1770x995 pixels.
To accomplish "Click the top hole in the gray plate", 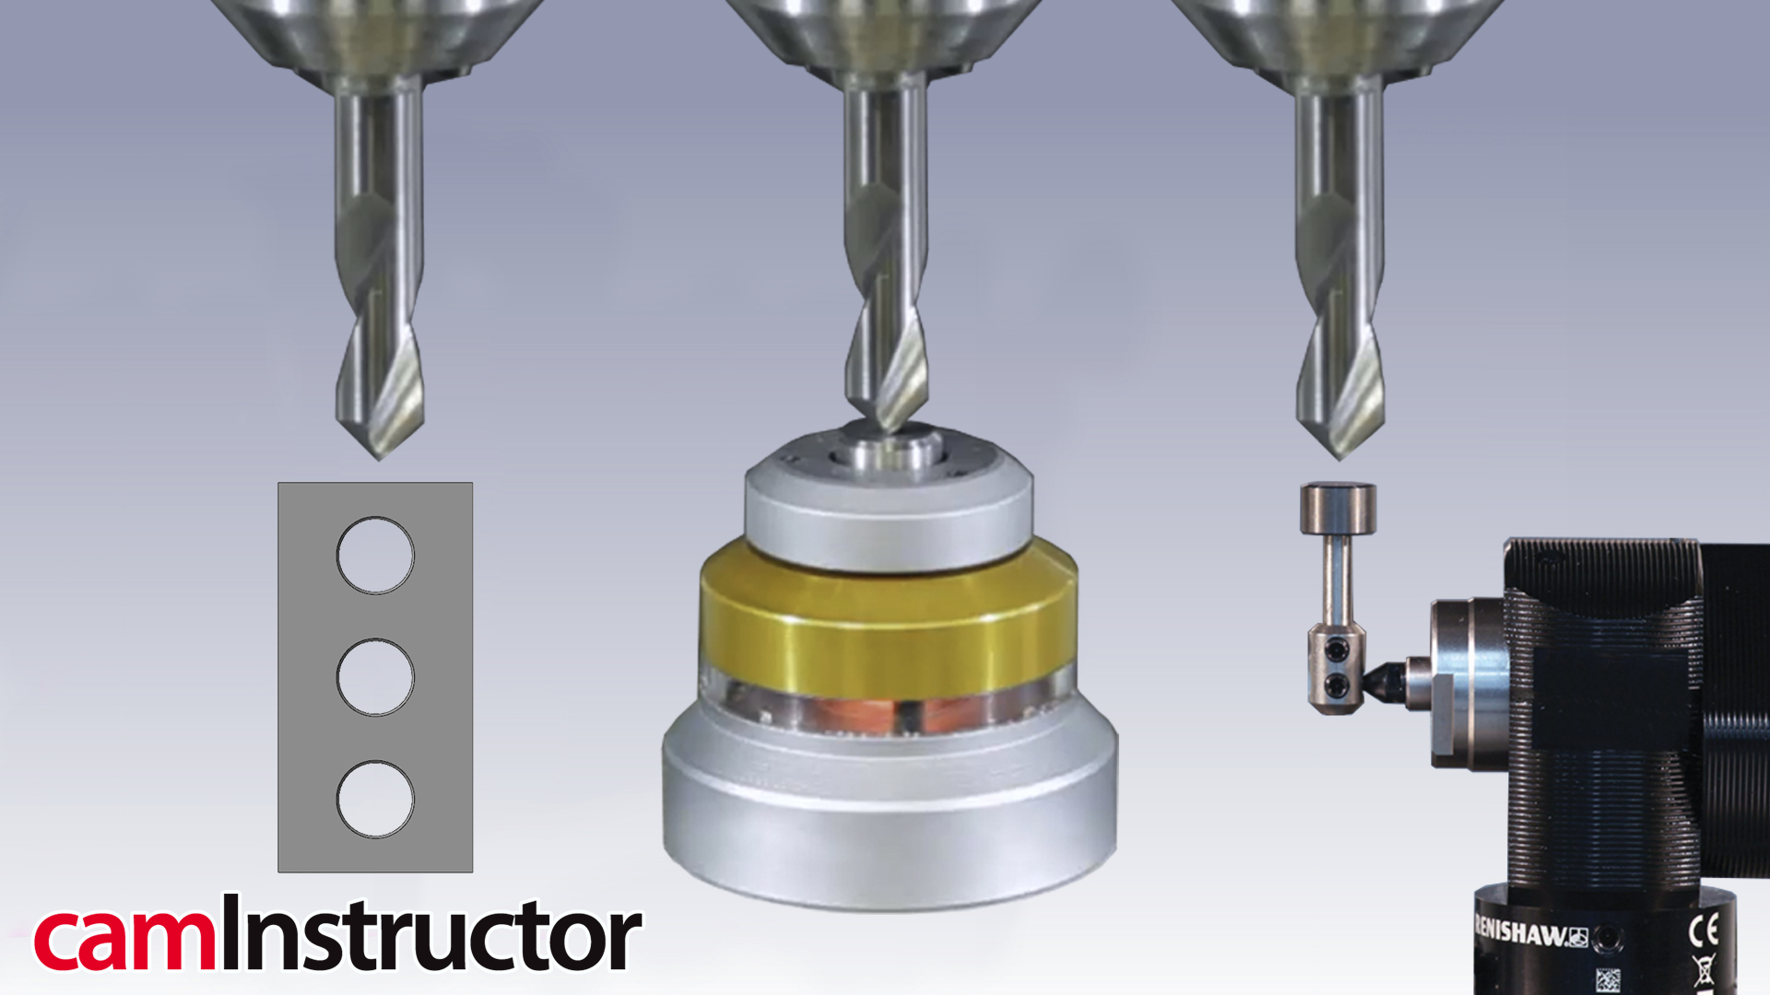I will point(375,555).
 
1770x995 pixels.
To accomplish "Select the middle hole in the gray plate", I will point(375,677).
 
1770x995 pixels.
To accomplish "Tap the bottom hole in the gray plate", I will point(375,799).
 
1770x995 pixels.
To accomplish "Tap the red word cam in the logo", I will point(124,940).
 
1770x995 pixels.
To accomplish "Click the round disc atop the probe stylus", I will point(1338,508).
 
